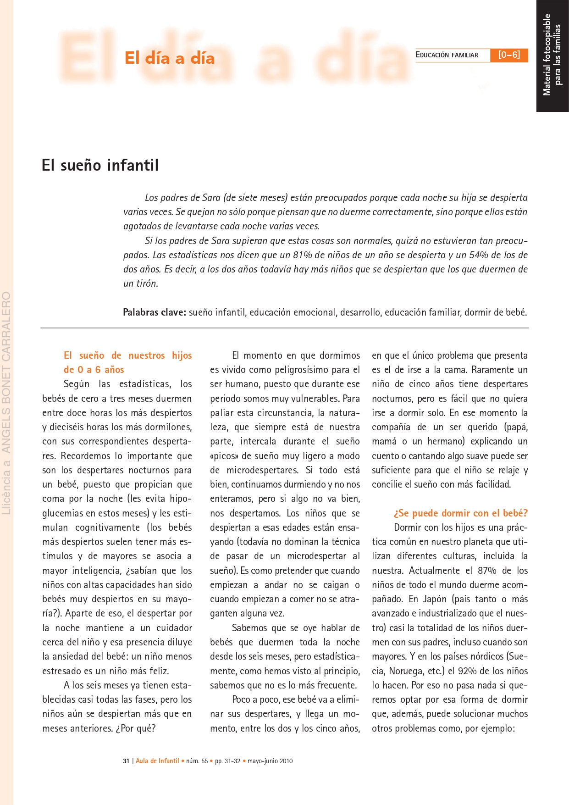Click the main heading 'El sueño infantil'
pos(100,165)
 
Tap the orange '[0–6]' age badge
pos(509,55)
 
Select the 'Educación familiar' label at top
pos(447,55)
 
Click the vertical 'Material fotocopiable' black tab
pos(552,55)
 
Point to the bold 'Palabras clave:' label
pos(154,312)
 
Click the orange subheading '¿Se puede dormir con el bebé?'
pos(460,513)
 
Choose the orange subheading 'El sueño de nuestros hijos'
pos(127,355)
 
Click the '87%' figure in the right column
pos(487,571)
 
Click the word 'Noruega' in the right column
pos(406,671)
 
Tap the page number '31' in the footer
pos(126,761)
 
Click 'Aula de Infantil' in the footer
pos(157,761)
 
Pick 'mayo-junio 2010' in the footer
pos(270,761)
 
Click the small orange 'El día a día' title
pos(170,58)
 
